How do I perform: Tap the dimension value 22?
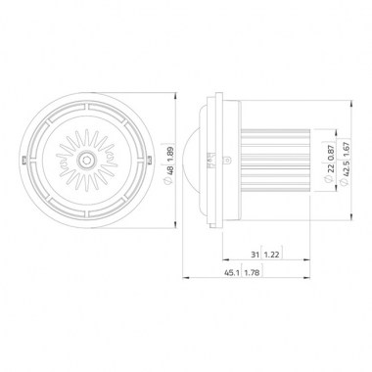(330, 168)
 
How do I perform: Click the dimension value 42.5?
(346, 168)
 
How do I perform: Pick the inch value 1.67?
(346, 150)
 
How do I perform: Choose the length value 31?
(255, 255)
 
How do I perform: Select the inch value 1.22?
(271, 255)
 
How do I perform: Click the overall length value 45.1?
(231, 273)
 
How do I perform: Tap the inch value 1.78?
(252, 273)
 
